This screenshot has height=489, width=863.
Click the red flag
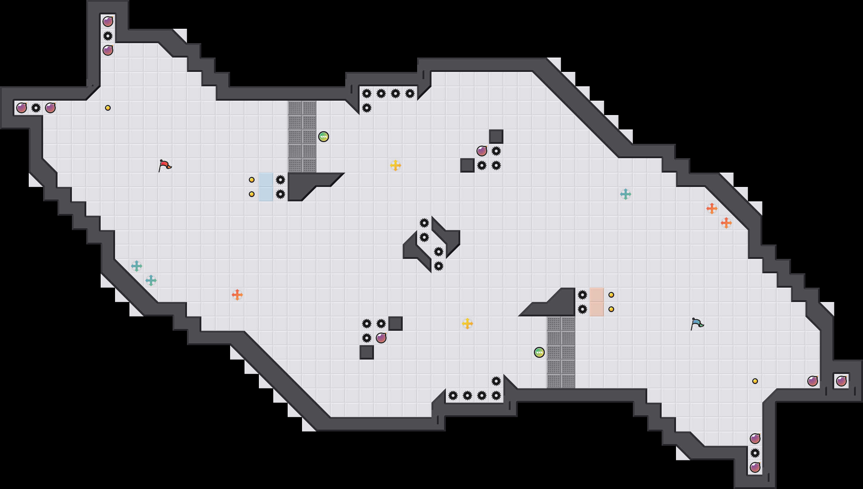click(x=165, y=165)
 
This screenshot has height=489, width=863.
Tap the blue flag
click(x=697, y=324)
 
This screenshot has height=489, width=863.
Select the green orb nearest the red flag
click(x=324, y=137)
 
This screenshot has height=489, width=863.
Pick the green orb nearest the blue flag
click(x=539, y=352)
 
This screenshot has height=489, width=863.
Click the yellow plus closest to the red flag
click(x=396, y=165)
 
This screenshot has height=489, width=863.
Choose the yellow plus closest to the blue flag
click(x=467, y=324)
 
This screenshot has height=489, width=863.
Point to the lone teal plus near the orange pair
click(x=626, y=194)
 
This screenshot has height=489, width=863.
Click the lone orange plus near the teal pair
click(x=237, y=295)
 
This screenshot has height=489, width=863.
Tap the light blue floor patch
click(x=266, y=187)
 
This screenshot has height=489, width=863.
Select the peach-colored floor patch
click(x=597, y=302)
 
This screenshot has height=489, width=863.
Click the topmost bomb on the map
click(x=108, y=22)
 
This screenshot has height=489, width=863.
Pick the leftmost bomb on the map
click(x=22, y=108)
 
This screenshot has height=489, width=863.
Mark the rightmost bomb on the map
click(x=841, y=381)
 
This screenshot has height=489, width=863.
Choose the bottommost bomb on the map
click(x=755, y=467)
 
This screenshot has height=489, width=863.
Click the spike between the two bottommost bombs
click(x=755, y=453)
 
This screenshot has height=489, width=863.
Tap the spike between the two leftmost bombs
click(x=36, y=108)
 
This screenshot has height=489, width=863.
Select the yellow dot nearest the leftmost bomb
click(x=108, y=108)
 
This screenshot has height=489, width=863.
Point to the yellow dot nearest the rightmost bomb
click(x=755, y=381)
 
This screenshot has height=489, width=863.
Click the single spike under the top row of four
click(x=367, y=108)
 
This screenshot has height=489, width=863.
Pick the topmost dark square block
click(x=496, y=137)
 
